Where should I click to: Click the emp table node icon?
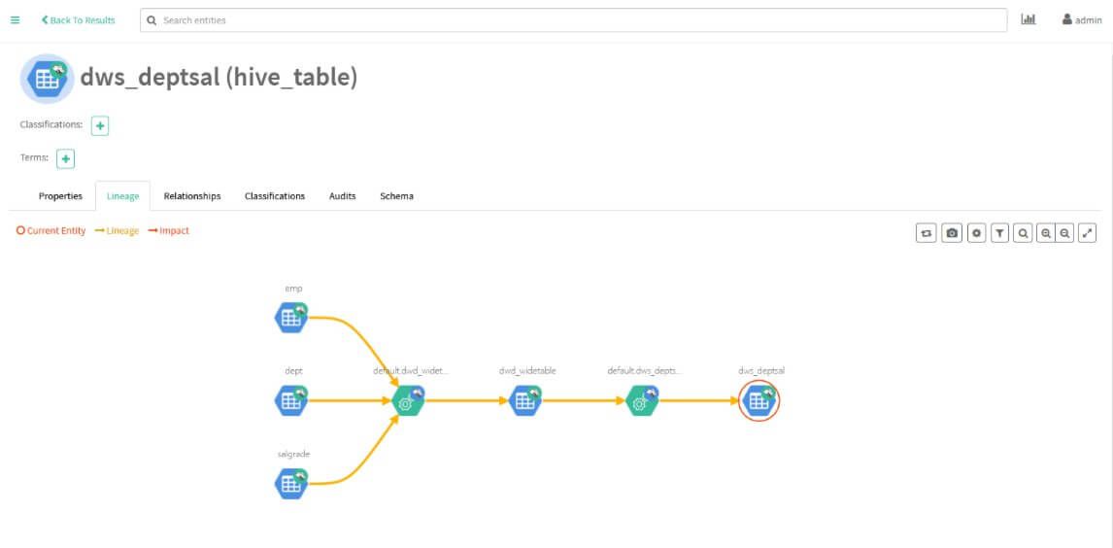tap(291, 318)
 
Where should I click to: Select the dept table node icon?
tap(291, 400)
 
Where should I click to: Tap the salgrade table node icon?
tap(291, 484)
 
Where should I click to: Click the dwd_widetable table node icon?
tap(525, 400)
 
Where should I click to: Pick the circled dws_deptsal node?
tap(759, 400)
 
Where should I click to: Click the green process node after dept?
tap(408, 400)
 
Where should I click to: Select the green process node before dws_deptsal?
tap(642, 400)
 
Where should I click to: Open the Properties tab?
tap(60, 196)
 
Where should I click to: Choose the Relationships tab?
tap(191, 196)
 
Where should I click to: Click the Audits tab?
tap(342, 196)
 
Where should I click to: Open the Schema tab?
tap(396, 196)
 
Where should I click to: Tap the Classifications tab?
tap(275, 196)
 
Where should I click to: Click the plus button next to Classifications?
tap(100, 126)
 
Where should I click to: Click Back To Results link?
tap(78, 19)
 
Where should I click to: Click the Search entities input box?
tap(574, 19)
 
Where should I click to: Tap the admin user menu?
tap(1082, 19)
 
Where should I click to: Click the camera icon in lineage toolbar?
tap(952, 232)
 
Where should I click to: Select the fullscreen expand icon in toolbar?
tap(1088, 232)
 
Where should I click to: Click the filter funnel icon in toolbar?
tap(999, 232)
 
